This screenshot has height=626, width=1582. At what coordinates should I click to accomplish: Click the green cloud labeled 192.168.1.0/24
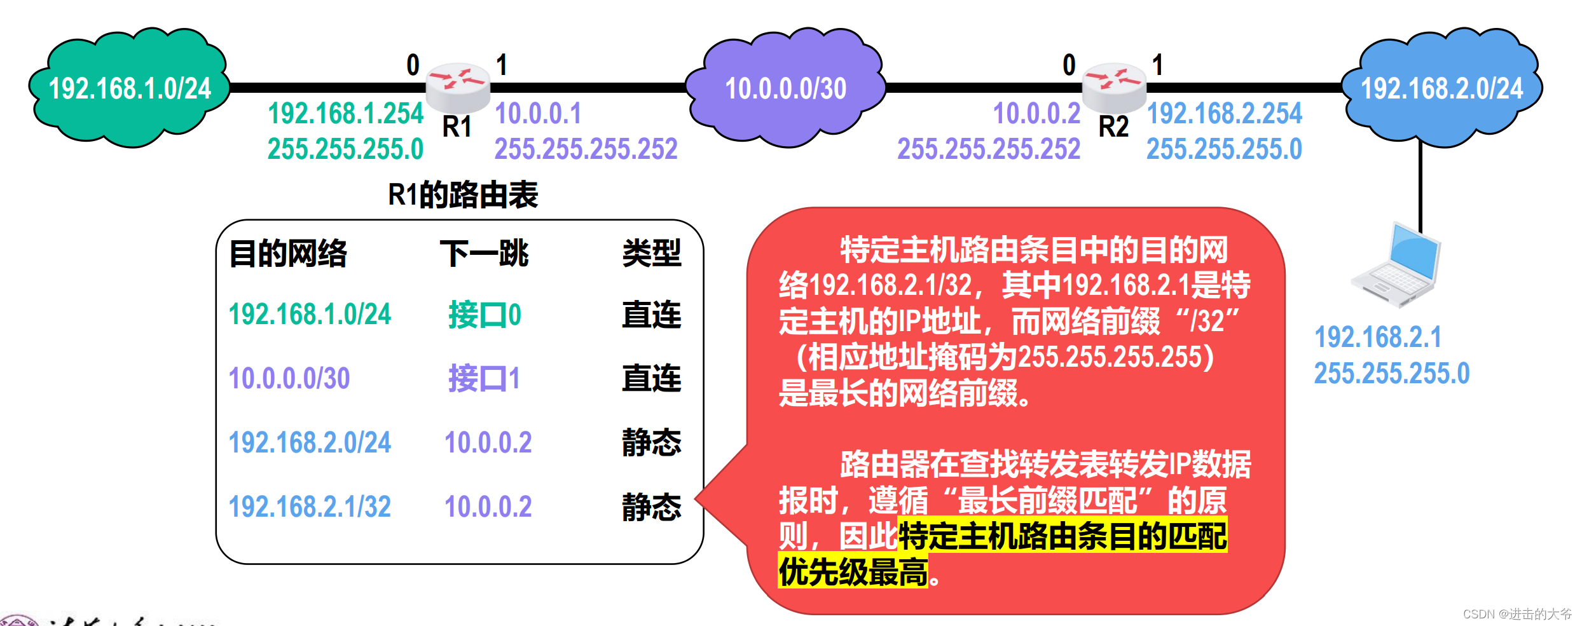click(130, 88)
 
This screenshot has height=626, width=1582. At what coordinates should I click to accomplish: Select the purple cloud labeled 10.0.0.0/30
click(786, 88)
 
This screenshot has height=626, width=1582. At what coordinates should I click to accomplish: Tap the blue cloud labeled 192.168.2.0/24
click(1441, 88)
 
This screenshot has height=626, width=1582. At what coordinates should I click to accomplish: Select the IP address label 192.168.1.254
click(345, 114)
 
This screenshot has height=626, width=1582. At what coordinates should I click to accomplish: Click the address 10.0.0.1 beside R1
click(538, 114)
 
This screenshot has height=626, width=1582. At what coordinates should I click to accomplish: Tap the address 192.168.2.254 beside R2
click(1224, 114)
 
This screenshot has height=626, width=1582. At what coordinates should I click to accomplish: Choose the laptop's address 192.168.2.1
click(1378, 337)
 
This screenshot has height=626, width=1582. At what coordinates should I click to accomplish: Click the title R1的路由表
click(463, 194)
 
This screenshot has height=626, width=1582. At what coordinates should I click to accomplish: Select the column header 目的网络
click(288, 254)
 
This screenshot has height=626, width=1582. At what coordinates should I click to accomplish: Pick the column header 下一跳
click(485, 254)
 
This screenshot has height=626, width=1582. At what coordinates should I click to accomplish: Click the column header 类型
click(651, 254)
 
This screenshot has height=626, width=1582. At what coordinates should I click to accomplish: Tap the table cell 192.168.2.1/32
click(310, 507)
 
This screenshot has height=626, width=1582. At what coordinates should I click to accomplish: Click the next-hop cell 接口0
click(485, 315)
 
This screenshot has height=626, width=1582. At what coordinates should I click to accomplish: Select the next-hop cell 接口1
click(485, 378)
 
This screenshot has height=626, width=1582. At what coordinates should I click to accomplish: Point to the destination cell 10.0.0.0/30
click(289, 378)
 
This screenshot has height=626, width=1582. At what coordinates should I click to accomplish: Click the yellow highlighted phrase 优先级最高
click(853, 571)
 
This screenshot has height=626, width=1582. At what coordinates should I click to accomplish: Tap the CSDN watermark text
click(1517, 614)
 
